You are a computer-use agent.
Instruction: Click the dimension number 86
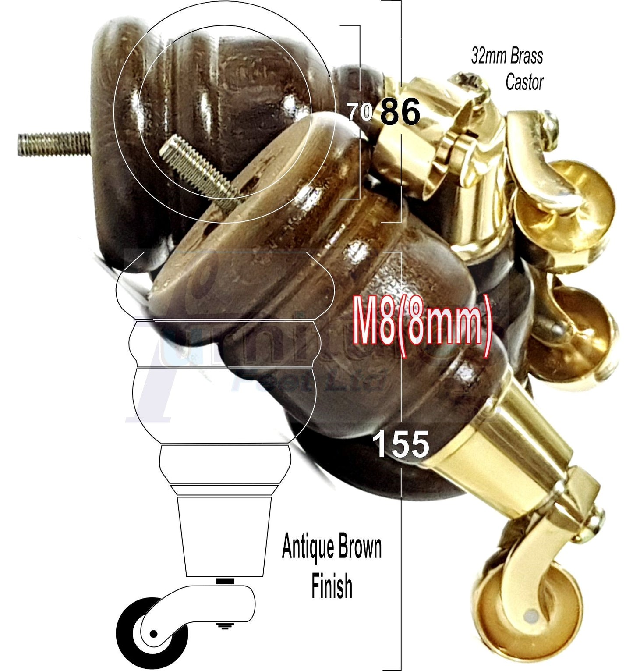click(x=400, y=112)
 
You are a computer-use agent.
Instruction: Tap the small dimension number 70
click(x=360, y=112)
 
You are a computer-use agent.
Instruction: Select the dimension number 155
click(x=401, y=444)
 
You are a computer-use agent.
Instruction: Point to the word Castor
click(x=524, y=82)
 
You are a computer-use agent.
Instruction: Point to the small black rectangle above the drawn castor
click(x=225, y=581)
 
